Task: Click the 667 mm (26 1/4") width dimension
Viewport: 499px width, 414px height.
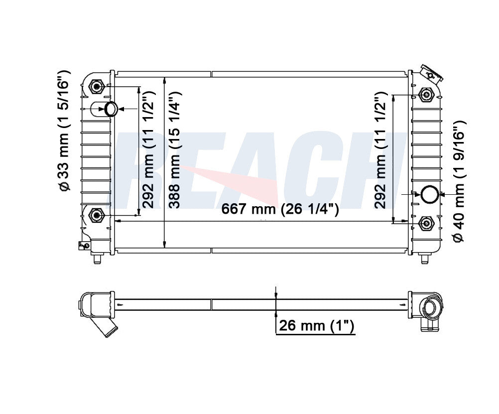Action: coord(280,209)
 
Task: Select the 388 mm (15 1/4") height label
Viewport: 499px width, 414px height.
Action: coord(175,149)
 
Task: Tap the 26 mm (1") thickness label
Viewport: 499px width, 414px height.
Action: coord(316,325)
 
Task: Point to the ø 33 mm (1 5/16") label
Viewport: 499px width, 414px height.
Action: coord(63,131)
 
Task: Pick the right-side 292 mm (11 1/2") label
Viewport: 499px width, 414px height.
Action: coord(380,150)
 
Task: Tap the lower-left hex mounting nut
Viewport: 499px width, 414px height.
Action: coord(96,216)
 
